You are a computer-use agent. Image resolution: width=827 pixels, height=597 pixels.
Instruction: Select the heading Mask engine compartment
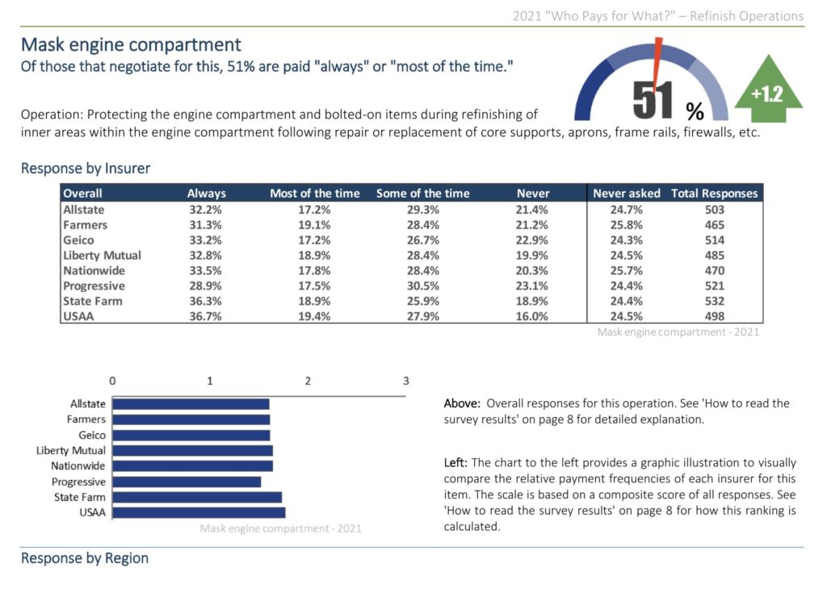click(x=131, y=44)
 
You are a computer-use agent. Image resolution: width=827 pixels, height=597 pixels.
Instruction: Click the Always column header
click(x=207, y=194)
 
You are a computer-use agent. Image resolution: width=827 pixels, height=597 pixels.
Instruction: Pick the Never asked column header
click(x=626, y=194)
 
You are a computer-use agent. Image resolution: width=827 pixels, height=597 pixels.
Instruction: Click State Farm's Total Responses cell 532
click(x=714, y=301)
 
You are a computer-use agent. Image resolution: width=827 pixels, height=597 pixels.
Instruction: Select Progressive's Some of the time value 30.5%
click(x=422, y=286)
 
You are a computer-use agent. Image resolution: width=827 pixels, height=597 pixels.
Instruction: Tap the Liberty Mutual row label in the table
click(x=102, y=255)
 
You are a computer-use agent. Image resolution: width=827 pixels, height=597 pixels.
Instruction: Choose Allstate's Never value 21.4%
click(x=532, y=210)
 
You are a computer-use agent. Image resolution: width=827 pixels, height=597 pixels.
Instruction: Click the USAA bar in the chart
click(x=199, y=512)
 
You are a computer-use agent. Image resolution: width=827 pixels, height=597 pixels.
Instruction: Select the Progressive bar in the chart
click(x=187, y=482)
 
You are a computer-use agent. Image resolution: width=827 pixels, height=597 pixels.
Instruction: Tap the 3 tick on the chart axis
click(x=405, y=381)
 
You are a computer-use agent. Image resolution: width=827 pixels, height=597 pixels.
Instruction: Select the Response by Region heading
click(x=85, y=558)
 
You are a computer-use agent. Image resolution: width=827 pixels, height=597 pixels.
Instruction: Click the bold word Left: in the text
click(x=455, y=462)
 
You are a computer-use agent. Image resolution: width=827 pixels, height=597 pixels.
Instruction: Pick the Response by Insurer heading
click(x=86, y=169)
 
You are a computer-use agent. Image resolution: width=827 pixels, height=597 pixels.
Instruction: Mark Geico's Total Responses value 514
click(x=714, y=240)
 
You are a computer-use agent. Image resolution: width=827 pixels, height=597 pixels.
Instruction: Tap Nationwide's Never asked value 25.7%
click(x=626, y=270)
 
